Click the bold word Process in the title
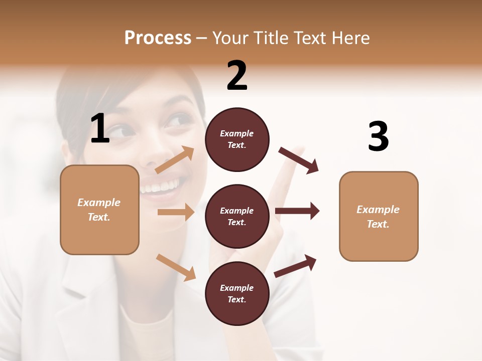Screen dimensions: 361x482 pos(158,38)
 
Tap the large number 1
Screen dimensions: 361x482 pos(100,129)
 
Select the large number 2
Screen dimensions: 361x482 pos(237,76)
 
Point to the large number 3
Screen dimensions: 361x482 pos(378,137)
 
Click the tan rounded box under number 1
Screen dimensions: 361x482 pos(99,210)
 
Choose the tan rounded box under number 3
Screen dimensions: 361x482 pos(379,217)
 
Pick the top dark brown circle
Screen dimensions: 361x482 pos(237,139)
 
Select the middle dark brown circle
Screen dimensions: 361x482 pos(237,217)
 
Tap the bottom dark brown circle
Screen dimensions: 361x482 pos(237,294)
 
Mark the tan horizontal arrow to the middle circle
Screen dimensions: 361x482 pos(176,212)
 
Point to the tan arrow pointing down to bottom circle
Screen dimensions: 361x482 pos(176,267)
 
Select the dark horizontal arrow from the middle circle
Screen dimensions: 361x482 pos(297,211)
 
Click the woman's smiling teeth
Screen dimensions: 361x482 pos(160,187)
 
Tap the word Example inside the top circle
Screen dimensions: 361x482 pos(237,134)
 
